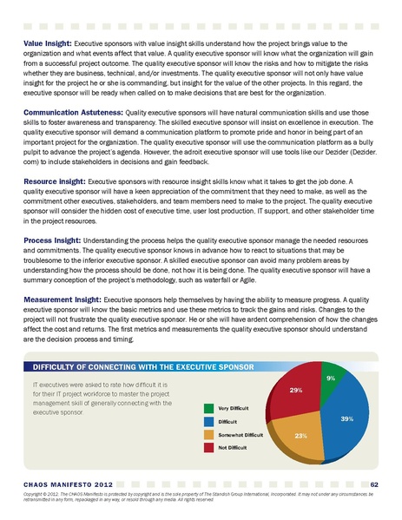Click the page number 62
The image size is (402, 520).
pyautogui.click(x=373, y=484)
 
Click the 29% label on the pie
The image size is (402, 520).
pyautogui.click(x=295, y=392)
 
